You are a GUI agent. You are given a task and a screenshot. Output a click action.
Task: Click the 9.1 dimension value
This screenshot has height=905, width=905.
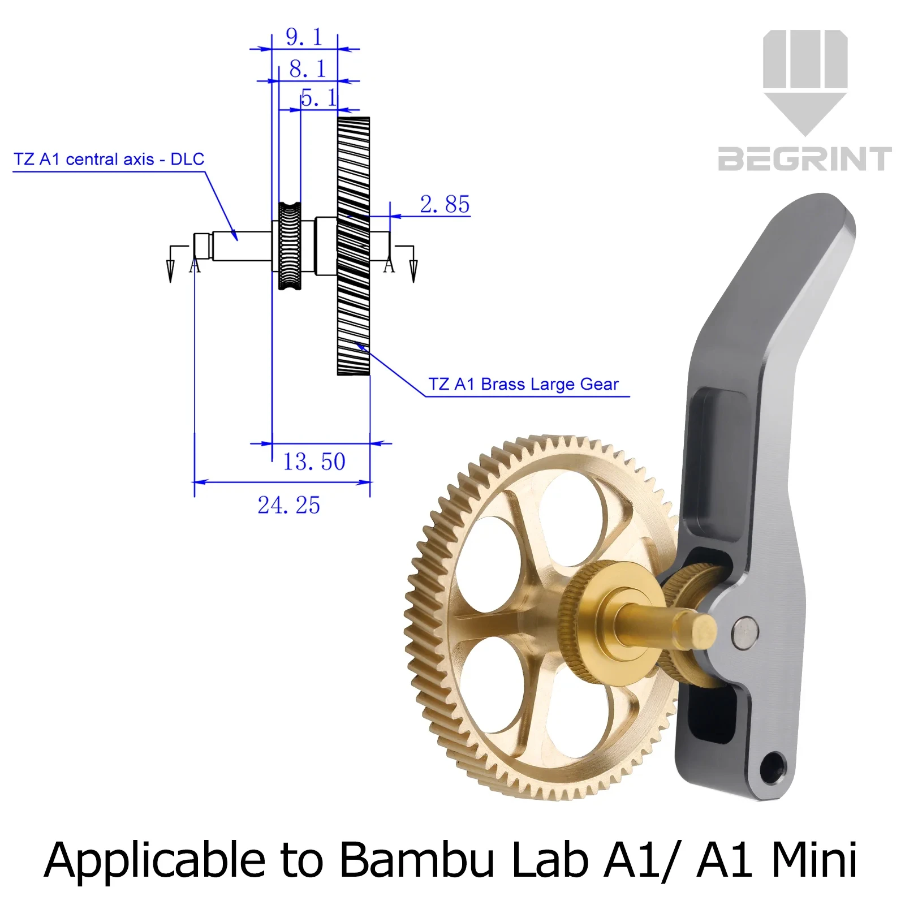[x=304, y=37]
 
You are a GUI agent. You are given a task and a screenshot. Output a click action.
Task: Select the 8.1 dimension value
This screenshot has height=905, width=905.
[x=308, y=69]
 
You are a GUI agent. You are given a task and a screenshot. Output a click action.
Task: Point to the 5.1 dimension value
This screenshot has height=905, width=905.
[x=318, y=98]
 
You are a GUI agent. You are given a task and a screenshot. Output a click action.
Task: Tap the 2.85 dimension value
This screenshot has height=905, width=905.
[x=445, y=204]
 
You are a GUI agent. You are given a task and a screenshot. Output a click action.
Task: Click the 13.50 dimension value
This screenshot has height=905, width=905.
[x=314, y=462]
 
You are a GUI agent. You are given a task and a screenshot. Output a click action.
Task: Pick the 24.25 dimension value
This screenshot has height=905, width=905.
[x=289, y=505]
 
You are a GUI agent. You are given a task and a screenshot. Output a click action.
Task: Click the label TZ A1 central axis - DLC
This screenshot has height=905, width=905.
[x=109, y=160]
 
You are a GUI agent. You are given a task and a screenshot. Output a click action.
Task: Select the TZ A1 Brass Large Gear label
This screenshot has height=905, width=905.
[x=523, y=385]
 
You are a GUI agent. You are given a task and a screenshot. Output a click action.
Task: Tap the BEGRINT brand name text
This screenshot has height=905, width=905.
[x=805, y=159]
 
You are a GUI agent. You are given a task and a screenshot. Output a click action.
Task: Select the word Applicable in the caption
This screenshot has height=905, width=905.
[x=154, y=861]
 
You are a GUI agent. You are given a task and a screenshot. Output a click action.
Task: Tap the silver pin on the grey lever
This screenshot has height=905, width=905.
[x=745, y=632]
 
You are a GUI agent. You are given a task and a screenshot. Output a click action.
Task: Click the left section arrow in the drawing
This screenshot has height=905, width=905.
[x=170, y=264]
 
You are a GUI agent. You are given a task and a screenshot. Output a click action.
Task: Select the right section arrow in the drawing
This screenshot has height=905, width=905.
[x=413, y=264]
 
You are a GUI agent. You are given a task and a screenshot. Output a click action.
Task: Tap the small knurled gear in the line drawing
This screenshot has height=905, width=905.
[x=290, y=246]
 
